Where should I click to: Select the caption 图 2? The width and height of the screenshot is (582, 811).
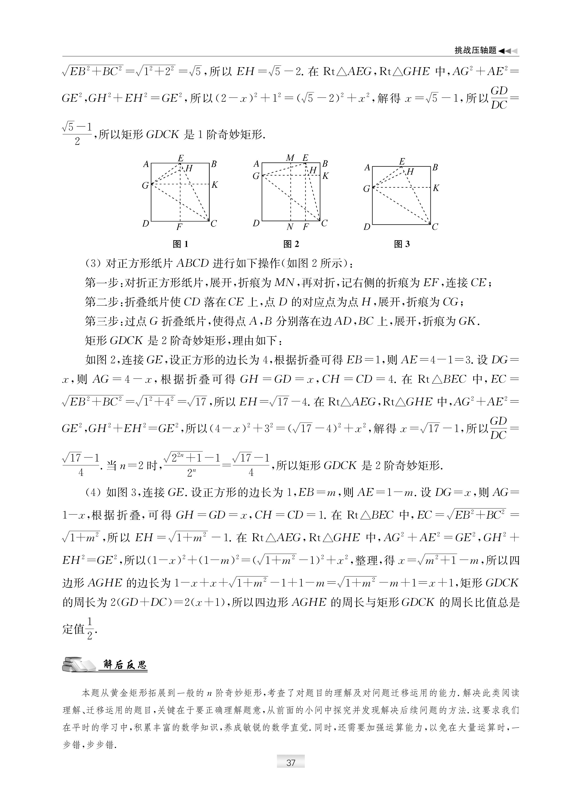(291, 244)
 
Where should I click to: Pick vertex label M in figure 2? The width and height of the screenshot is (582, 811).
(290, 158)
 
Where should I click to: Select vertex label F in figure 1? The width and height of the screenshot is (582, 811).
(179, 227)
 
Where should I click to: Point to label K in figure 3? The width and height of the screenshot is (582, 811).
(436, 188)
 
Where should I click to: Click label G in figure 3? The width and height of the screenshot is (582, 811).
(366, 189)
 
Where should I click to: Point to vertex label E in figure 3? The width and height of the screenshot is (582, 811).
(402, 161)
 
